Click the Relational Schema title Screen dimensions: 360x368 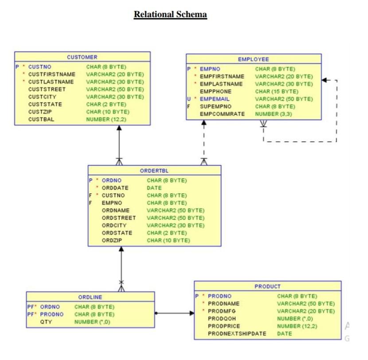(x=170, y=15)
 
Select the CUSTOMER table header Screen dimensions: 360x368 (x=82, y=57)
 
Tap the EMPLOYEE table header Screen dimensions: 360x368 (x=253, y=59)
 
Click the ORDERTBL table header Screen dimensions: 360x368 (x=154, y=170)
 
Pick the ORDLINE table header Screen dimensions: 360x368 (x=90, y=297)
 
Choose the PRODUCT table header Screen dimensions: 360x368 (x=267, y=286)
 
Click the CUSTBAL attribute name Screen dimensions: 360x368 (x=39, y=119)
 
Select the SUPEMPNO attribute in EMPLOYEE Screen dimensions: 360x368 (x=215, y=106)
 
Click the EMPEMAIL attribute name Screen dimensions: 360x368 (x=215, y=99)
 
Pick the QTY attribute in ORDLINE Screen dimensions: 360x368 (x=46, y=322)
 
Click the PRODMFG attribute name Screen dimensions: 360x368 (x=221, y=311)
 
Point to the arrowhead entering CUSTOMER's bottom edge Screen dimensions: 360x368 (x=119, y=128)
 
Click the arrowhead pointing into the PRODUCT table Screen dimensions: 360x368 (x=191, y=313)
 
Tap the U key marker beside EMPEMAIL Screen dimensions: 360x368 (x=188, y=99)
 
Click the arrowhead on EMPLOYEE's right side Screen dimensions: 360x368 (x=325, y=80)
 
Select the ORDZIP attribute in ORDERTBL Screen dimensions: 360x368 (x=112, y=240)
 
